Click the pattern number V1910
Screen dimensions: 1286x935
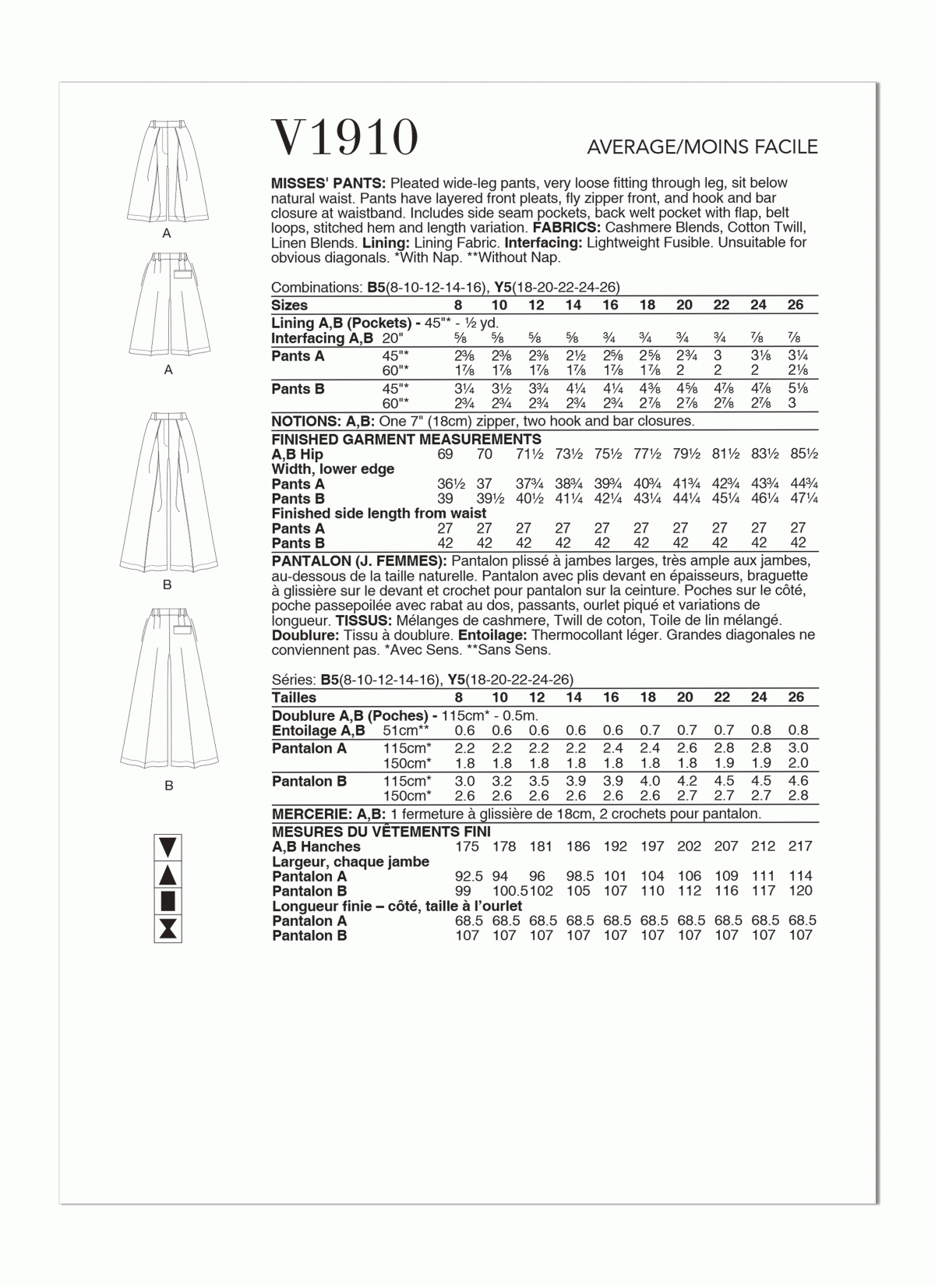344,139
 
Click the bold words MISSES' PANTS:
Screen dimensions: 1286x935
318,183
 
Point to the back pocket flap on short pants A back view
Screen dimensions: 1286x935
183,274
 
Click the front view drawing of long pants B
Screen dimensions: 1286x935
167,493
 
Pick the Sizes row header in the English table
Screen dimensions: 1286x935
289,305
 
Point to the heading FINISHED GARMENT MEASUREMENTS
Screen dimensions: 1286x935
406,440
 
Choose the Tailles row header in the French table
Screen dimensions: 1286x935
294,698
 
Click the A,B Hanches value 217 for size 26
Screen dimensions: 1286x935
799,846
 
